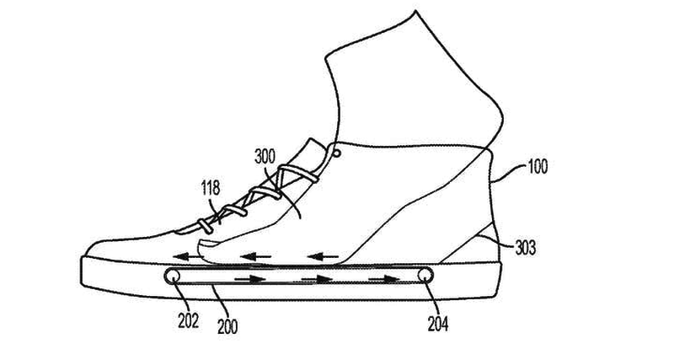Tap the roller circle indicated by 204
425,275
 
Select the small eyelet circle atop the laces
336,152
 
